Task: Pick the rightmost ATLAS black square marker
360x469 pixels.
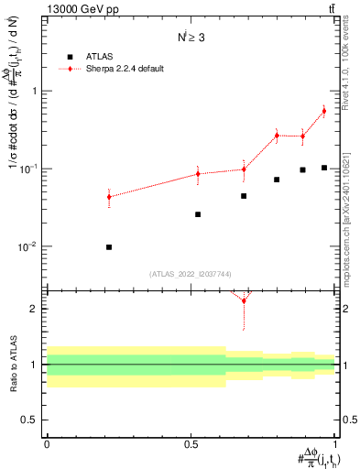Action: tap(324, 168)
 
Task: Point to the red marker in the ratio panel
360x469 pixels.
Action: tap(244, 300)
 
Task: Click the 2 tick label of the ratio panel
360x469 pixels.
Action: tap(34, 309)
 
